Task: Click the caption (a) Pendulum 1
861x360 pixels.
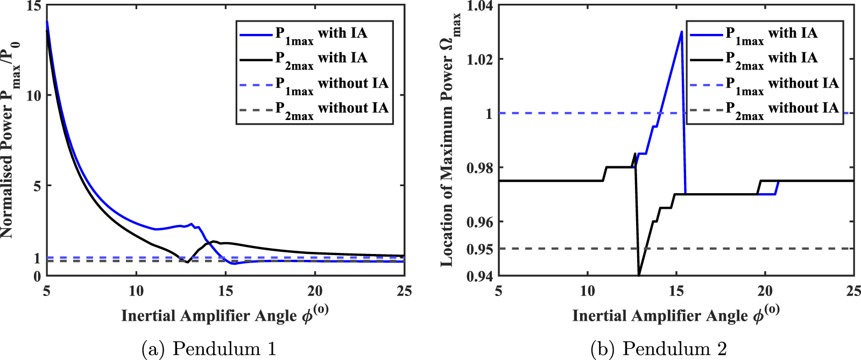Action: [209, 349]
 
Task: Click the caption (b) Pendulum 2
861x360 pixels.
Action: [659, 349]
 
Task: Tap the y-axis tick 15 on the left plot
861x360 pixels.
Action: [34, 6]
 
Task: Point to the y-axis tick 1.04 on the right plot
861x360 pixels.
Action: [480, 6]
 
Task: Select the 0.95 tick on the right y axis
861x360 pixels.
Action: [480, 249]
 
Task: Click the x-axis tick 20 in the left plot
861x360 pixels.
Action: [315, 291]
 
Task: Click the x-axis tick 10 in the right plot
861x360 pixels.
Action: [588, 291]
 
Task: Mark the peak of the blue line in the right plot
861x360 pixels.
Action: [681, 31]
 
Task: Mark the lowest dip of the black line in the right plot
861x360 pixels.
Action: [639, 275]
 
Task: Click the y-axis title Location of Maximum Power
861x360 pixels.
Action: [449, 140]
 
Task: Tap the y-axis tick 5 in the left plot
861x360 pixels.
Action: [37, 186]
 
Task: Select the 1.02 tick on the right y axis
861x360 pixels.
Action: [480, 59]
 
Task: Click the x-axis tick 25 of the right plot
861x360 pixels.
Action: [853, 291]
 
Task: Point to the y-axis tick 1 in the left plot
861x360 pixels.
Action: [37, 258]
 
